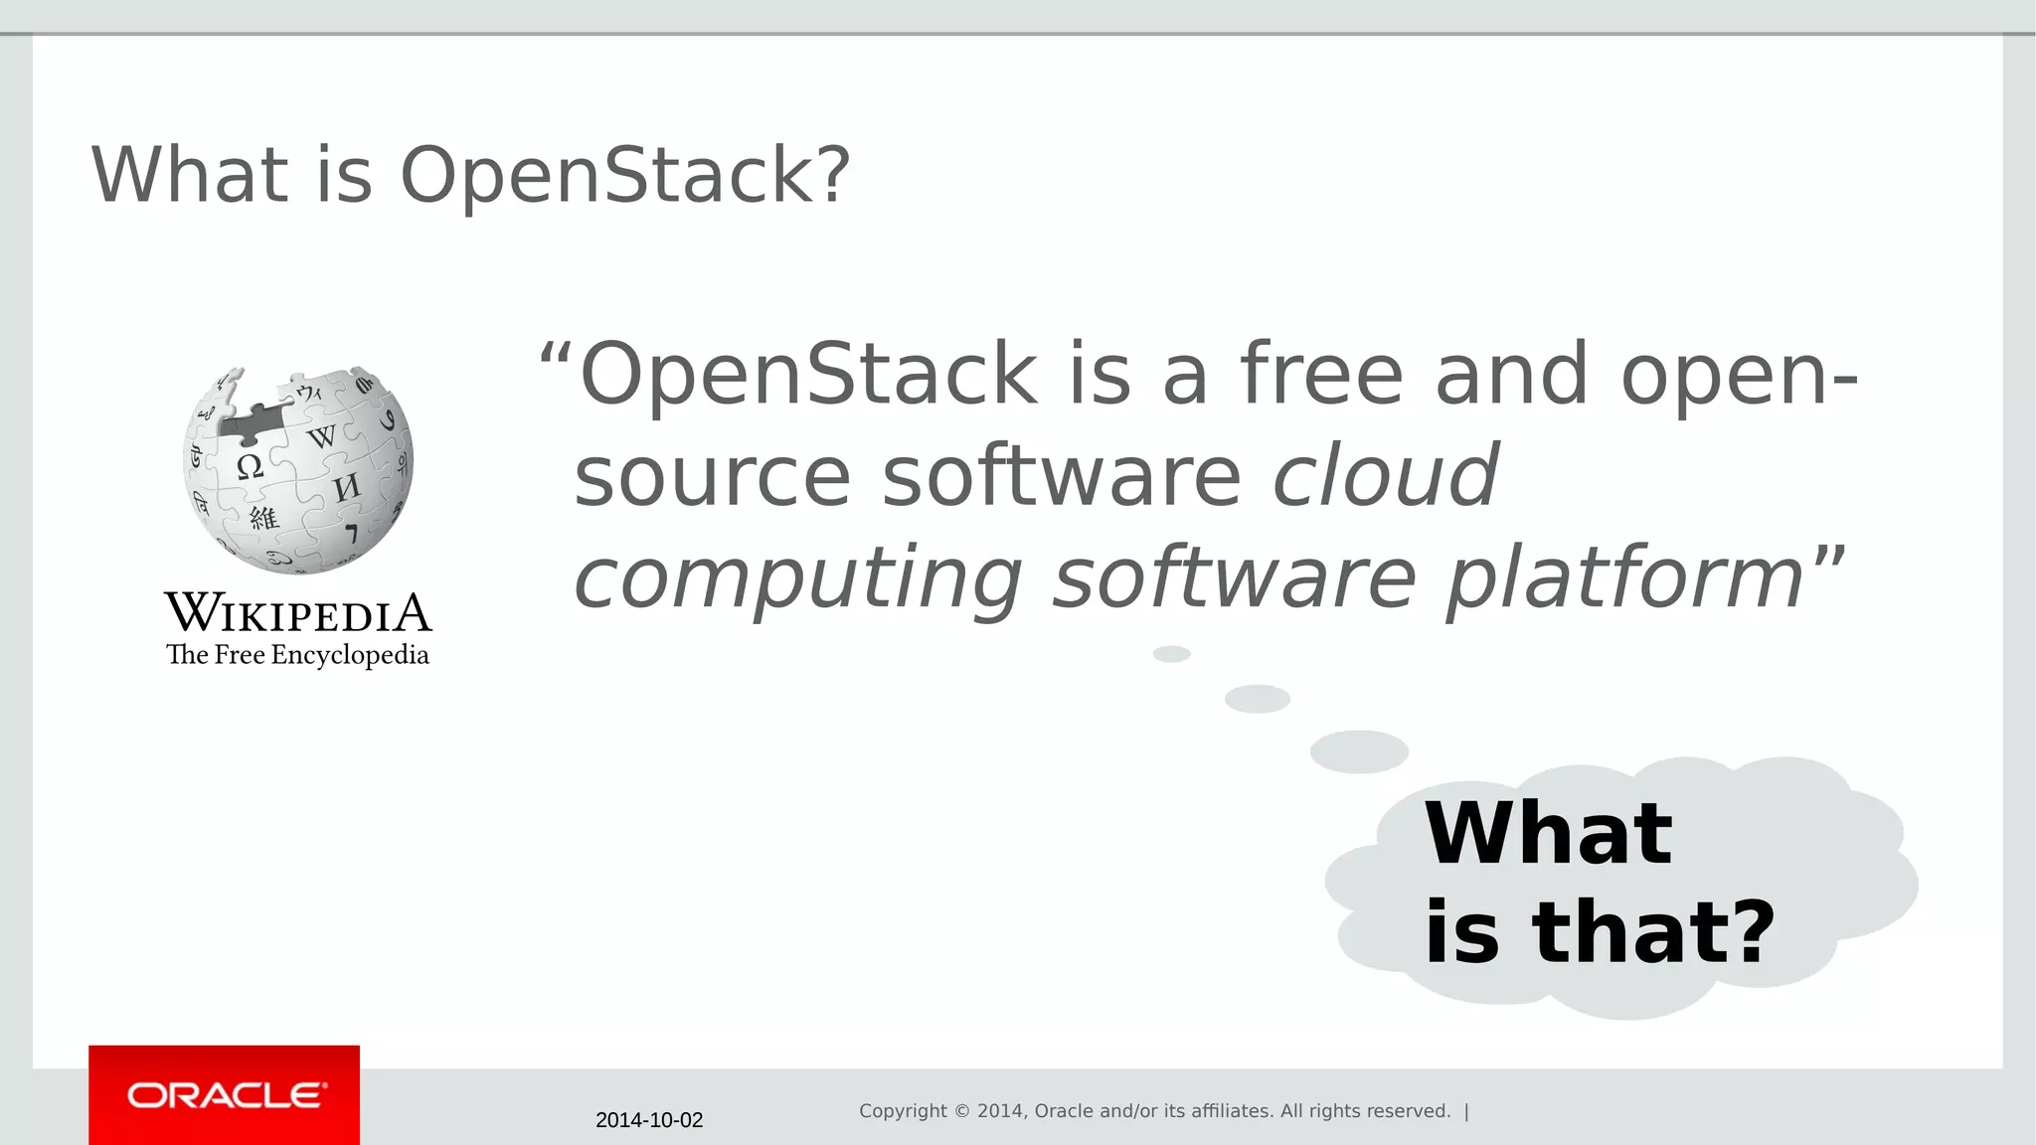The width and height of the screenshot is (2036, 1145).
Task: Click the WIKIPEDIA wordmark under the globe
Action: pyautogui.click(x=298, y=613)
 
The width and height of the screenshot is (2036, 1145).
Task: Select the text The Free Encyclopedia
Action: pyautogui.click(x=297, y=655)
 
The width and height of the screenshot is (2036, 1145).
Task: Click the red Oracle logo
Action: pyautogui.click(x=225, y=1095)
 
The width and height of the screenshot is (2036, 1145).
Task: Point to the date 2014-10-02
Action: pyautogui.click(x=649, y=1120)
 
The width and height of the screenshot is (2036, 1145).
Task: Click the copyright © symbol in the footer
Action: pyautogui.click(x=962, y=1111)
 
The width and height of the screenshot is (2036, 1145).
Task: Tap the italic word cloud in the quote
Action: pyautogui.click(x=1385, y=476)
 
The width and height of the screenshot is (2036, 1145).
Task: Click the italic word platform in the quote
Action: pyautogui.click(x=1624, y=579)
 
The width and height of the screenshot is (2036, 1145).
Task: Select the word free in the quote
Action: pyautogui.click(x=1321, y=375)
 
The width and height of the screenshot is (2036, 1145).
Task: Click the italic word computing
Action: pyautogui.click(x=798, y=579)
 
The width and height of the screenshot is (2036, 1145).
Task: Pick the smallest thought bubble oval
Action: pyautogui.click(x=1171, y=654)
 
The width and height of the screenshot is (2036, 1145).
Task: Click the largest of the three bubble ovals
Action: pyautogui.click(x=1359, y=751)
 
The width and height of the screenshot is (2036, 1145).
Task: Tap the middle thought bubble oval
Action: pyautogui.click(x=1257, y=699)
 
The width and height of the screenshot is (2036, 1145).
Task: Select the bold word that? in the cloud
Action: pyautogui.click(x=1652, y=932)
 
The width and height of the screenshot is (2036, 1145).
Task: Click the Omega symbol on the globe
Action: pyautogui.click(x=251, y=466)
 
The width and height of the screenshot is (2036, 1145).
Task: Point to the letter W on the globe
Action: pyautogui.click(x=321, y=436)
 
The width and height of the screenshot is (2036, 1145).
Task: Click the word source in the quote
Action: pyautogui.click(x=712, y=476)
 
